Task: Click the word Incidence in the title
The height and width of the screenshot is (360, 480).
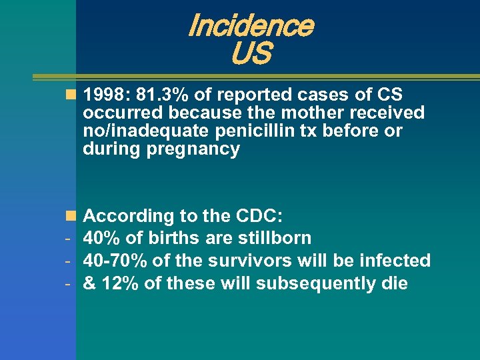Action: tap(251, 25)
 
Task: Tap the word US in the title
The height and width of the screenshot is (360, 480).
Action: tap(251, 54)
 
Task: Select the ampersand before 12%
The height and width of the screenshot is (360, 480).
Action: tap(89, 283)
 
